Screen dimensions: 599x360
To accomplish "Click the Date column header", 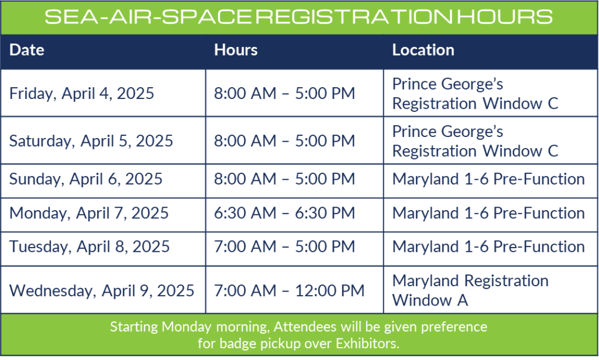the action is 27,50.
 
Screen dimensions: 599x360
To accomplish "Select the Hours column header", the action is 236,50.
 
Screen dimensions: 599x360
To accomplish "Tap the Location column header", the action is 424,50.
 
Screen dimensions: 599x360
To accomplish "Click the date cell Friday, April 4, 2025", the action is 82,94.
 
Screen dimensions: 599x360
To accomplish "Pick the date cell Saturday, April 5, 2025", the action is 91,141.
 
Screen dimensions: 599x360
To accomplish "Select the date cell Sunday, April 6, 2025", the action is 86,179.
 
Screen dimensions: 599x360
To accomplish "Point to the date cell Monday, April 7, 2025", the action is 89,213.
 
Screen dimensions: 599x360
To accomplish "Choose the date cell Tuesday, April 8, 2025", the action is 89,247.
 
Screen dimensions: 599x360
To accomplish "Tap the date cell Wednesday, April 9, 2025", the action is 102,291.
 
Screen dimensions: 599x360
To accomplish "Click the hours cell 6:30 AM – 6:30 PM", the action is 285,213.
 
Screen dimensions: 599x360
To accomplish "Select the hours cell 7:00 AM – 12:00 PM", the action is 289,291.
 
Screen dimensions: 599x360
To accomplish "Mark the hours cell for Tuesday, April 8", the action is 285,247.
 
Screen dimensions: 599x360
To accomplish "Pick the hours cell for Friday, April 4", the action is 285,94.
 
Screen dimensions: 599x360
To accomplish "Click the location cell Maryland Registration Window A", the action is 471,290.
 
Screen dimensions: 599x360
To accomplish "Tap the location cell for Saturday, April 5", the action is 475,142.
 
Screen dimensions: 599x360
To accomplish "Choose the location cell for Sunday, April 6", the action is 488,179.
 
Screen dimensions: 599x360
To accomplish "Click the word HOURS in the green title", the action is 505,17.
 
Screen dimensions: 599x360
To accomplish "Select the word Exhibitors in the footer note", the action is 367,344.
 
